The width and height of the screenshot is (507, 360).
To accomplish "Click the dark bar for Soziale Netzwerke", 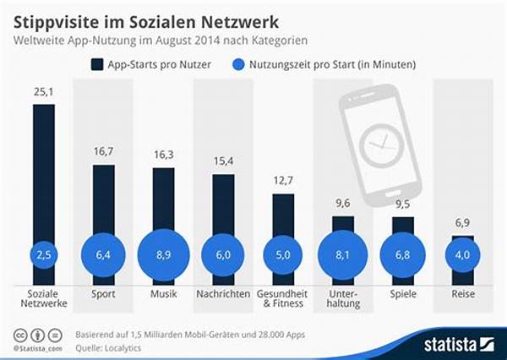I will pyautogui.click(x=43, y=169).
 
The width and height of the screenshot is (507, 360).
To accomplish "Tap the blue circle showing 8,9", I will pyautogui.click(x=163, y=253).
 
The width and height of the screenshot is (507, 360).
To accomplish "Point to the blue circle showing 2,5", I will pyautogui.click(x=43, y=253).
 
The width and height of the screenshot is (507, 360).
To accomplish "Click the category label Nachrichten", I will pyautogui.click(x=223, y=294).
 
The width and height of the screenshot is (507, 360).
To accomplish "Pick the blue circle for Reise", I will pyautogui.click(x=462, y=254).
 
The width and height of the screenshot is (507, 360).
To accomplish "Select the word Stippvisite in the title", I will pyautogui.click(x=58, y=17).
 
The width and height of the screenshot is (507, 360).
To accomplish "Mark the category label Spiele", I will pyautogui.click(x=403, y=294).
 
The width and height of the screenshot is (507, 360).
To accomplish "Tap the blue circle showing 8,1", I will pyautogui.click(x=343, y=253).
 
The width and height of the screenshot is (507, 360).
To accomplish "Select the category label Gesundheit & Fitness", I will pyautogui.click(x=283, y=299).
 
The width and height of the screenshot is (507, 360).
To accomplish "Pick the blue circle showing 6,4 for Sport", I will pyautogui.click(x=103, y=253).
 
